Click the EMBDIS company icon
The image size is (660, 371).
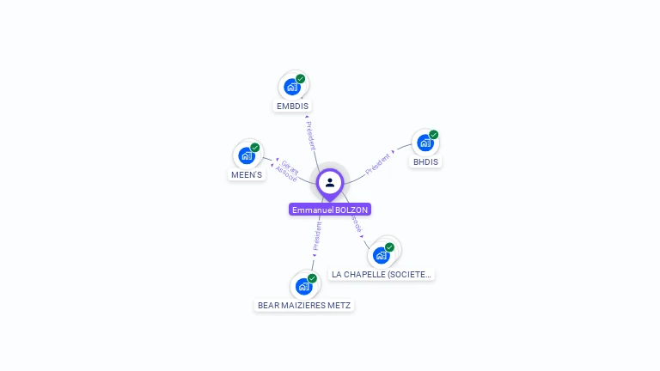tap(292, 87)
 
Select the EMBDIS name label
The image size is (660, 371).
tap(292, 106)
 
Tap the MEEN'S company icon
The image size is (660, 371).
tap(247, 156)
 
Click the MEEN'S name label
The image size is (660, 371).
tap(247, 174)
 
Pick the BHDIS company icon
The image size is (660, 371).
tap(425, 143)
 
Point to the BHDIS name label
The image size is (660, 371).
tap(425, 161)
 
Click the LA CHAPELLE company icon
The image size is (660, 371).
tap(382, 255)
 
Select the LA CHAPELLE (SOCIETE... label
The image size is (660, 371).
tap(382, 274)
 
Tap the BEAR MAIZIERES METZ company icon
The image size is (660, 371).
tap(304, 286)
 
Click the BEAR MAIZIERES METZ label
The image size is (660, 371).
tap(305, 305)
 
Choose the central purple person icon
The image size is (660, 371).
tap(330, 182)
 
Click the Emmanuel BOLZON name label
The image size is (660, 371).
tap(330, 210)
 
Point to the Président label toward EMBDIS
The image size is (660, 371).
tap(310, 134)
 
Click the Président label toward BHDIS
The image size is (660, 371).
tap(378, 163)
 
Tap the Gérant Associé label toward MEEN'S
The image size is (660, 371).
tap(288, 169)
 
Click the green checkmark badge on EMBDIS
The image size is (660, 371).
tap(301, 78)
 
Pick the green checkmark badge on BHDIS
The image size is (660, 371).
tap(434, 135)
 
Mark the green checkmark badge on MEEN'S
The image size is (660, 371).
tap(255, 148)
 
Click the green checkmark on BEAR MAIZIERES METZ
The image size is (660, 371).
tap(313, 277)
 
